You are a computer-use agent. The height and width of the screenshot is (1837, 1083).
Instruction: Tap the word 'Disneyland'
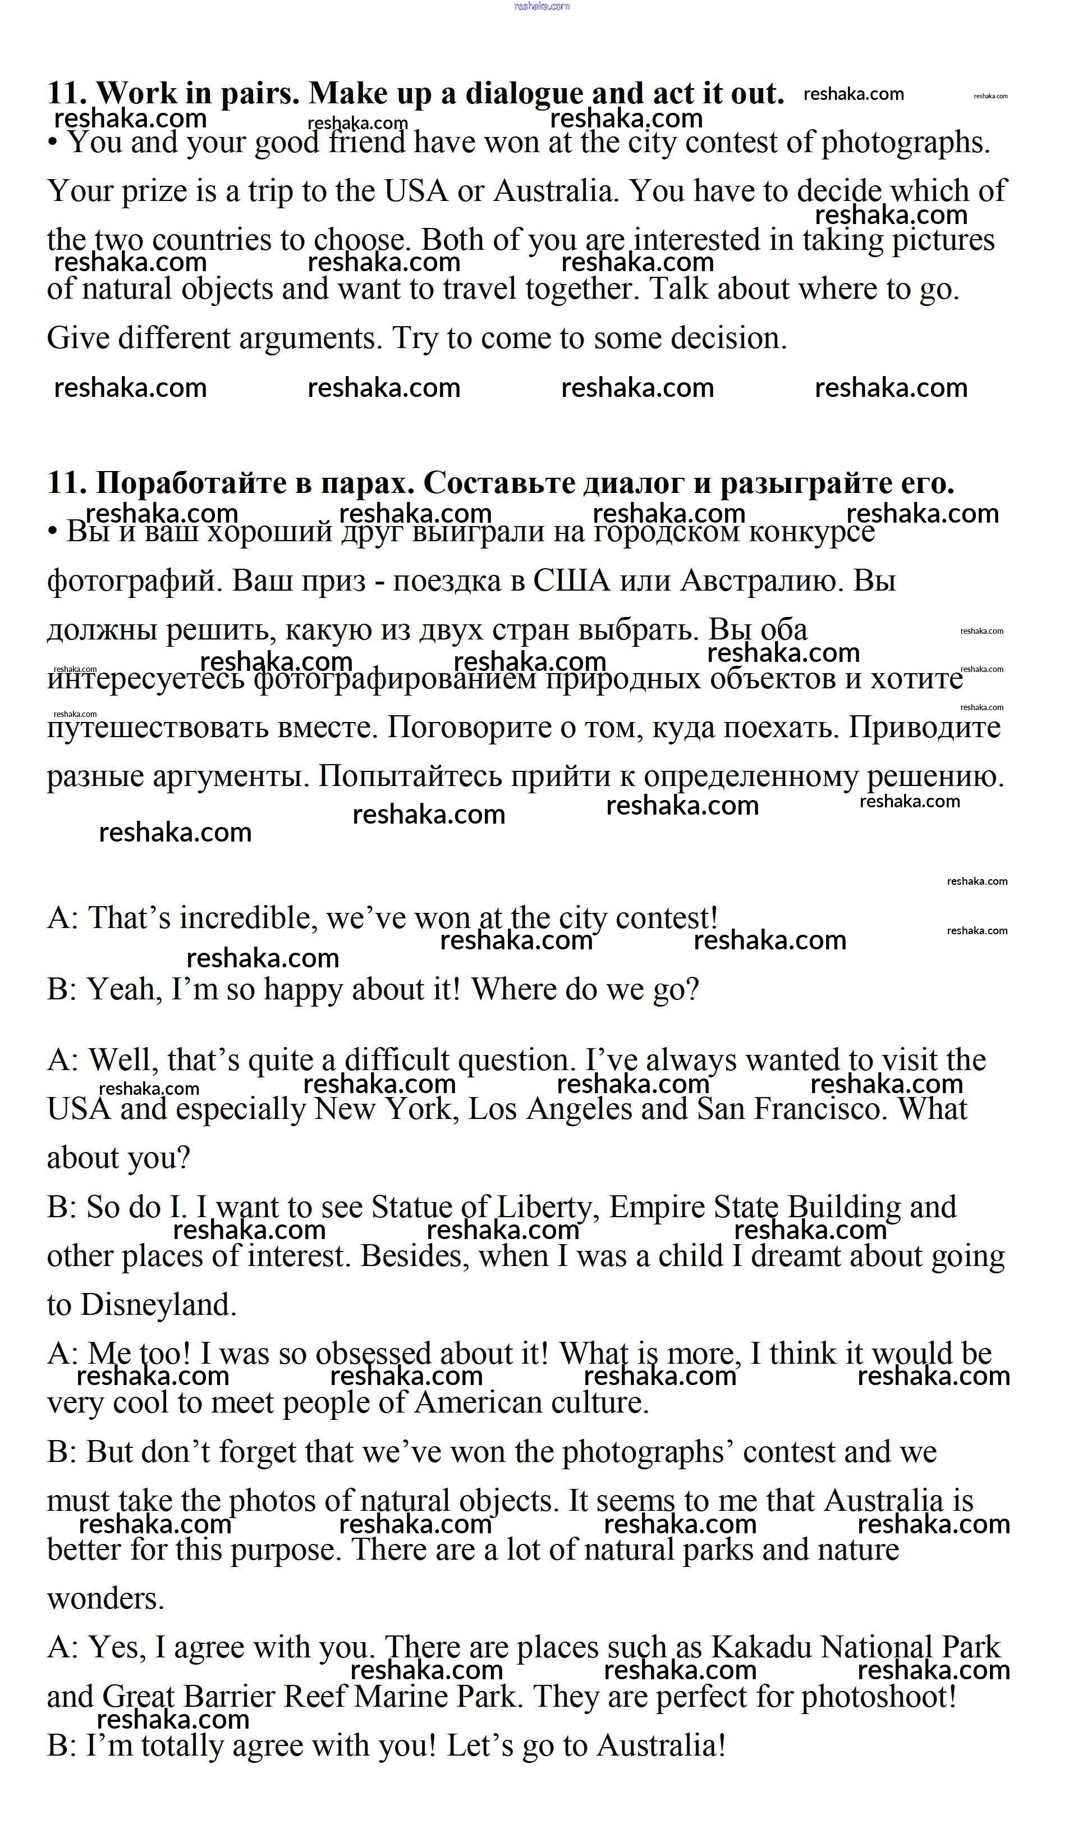click(x=158, y=1305)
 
